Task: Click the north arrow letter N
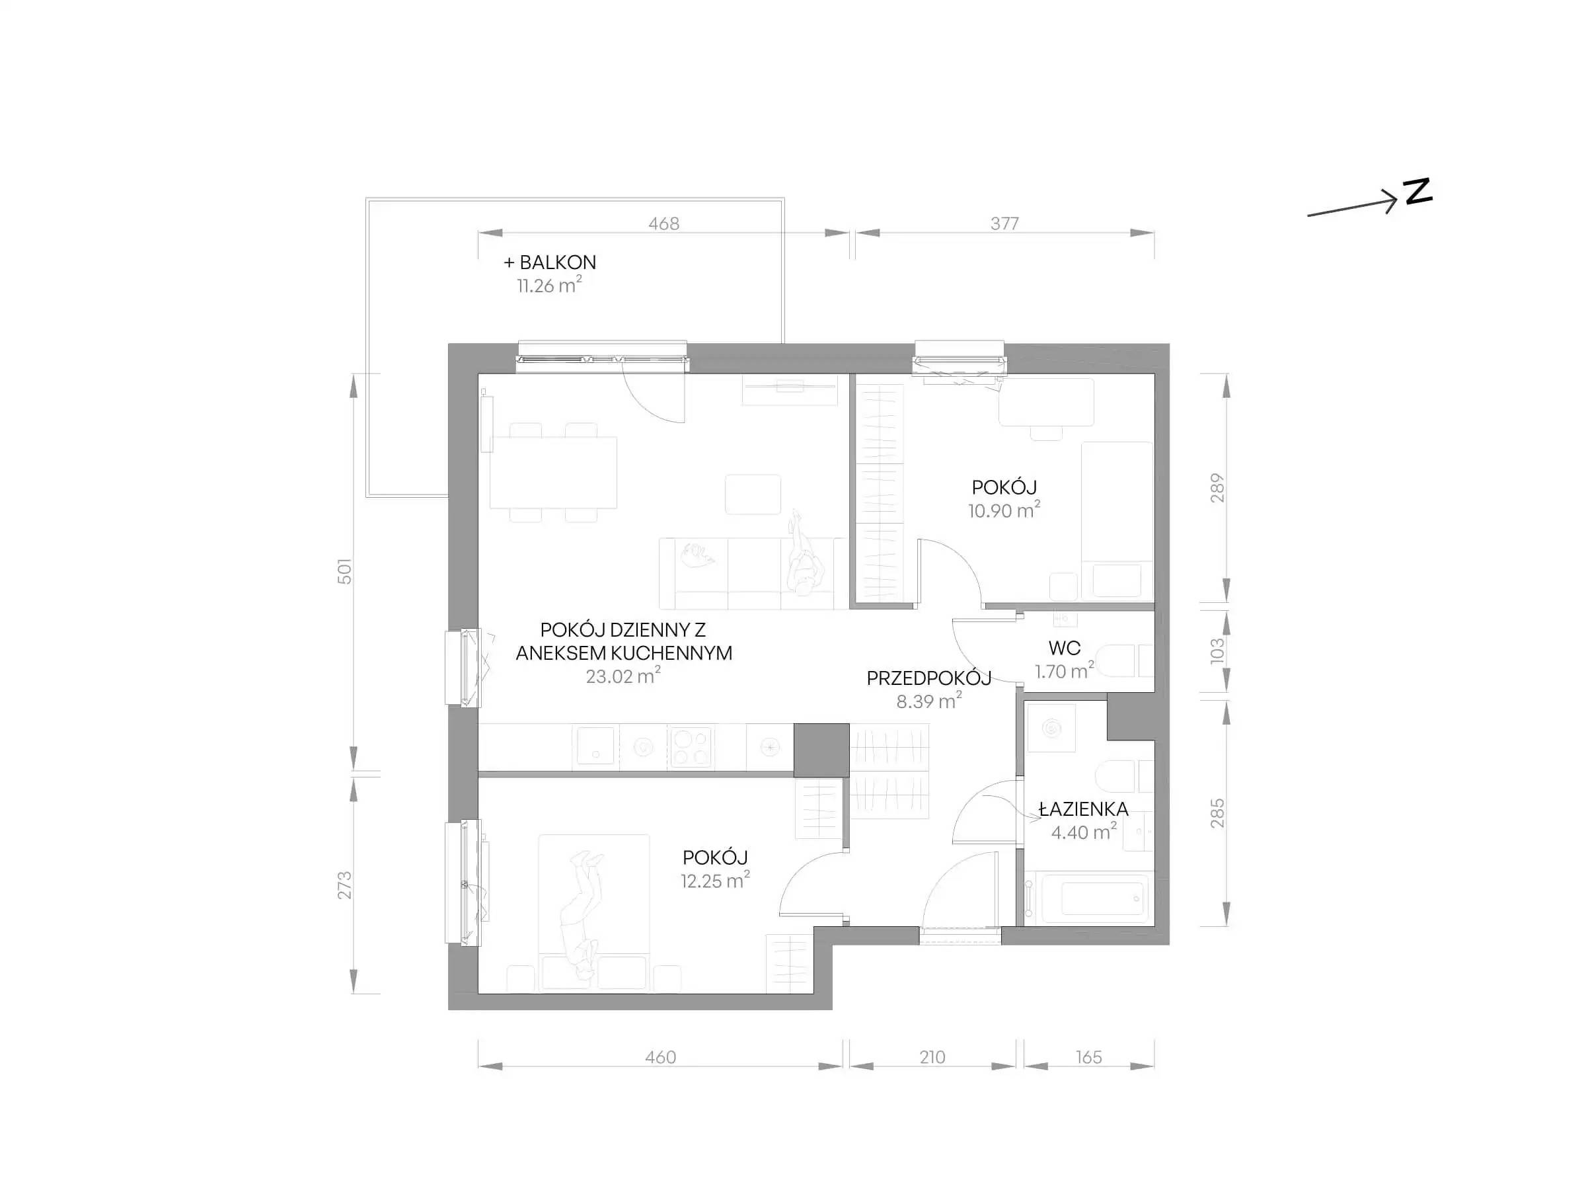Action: [x=1417, y=192]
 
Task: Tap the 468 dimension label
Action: [x=663, y=224]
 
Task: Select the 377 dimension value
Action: [x=1004, y=224]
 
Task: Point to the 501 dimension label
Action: [x=345, y=571]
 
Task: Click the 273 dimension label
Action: [x=345, y=885]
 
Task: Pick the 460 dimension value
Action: [x=660, y=1057]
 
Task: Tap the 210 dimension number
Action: [x=932, y=1057]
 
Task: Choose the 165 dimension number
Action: [x=1088, y=1057]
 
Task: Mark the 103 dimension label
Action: [x=1217, y=651]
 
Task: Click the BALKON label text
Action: [x=558, y=262]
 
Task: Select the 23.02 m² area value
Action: [x=623, y=676]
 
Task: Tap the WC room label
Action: [x=1064, y=649]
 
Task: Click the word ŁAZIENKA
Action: [x=1083, y=809]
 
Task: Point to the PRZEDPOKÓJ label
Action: [x=928, y=678]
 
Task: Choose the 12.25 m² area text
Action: [x=715, y=880]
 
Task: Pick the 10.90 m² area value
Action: [x=1004, y=510]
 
